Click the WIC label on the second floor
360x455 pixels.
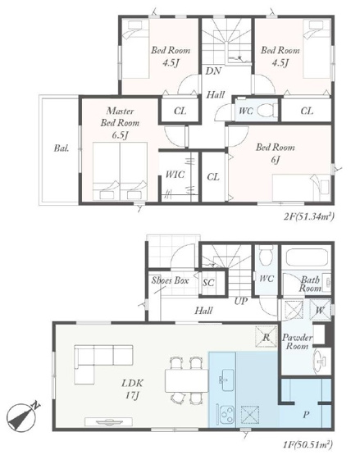coord(175,175)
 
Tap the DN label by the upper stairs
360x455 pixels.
coord(213,71)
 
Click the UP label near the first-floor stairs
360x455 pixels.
coord(240,301)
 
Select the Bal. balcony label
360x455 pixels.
coord(62,148)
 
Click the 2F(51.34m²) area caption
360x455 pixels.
coord(308,216)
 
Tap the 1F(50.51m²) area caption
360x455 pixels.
coord(308,444)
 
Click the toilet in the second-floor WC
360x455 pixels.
coord(267,111)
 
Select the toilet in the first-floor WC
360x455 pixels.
coord(266,255)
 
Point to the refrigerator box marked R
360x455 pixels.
coord(267,337)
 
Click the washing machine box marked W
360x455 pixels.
coord(320,310)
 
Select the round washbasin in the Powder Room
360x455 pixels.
coord(321,361)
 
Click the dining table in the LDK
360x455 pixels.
coord(187,380)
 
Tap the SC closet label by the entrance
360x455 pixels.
coord(208,282)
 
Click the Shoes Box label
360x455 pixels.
coord(170,280)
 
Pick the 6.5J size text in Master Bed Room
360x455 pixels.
coord(120,135)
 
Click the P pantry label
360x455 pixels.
coord(306,415)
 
